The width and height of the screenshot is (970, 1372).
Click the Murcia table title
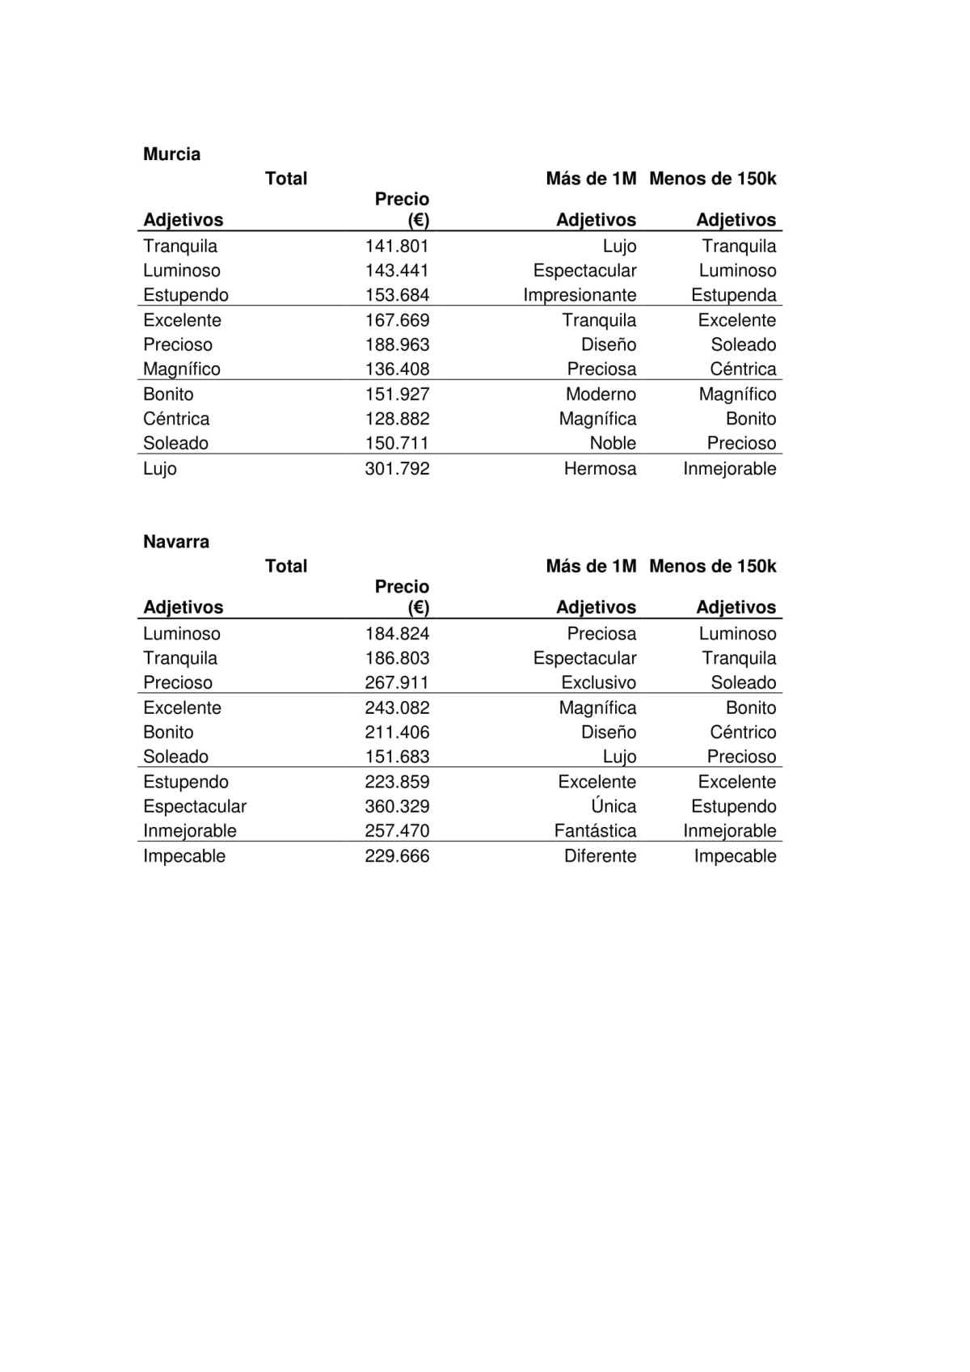pyautogui.click(x=171, y=154)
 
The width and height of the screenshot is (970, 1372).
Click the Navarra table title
pyautogui.click(x=175, y=542)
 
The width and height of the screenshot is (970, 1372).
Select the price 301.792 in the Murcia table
pyautogui.click(x=397, y=469)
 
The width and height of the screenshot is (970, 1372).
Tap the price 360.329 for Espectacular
pyautogui.click(x=397, y=807)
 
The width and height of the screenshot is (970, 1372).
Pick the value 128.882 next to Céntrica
pyautogui.click(x=397, y=419)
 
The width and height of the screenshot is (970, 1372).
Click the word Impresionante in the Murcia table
pyautogui.click(x=580, y=295)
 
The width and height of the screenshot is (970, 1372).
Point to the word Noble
pyautogui.click(x=613, y=443)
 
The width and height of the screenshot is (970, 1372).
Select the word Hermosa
pyautogui.click(x=600, y=469)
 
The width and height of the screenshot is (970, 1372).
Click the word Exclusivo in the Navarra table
pyautogui.click(x=598, y=683)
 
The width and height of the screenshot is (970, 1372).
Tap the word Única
pyautogui.click(x=614, y=806)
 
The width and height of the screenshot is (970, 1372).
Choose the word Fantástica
pyautogui.click(x=595, y=831)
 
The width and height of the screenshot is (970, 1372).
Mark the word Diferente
pyautogui.click(x=600, y=856)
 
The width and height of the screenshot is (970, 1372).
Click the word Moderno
pyautogui.click(x=601, y=395)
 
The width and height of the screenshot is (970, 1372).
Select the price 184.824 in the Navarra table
pyautogui.click(x=397, y=634)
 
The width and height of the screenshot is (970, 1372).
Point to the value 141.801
pyautogui.click(x=397, y=247)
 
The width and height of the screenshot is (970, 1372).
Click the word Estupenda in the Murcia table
pyautogui.click(x=733, y=295)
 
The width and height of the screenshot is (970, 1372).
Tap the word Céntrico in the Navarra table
pyautogui.click(x=743, y=732)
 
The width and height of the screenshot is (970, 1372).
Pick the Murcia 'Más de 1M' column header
pyautogui.click(x=591, y=179)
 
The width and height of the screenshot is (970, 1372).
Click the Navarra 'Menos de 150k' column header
pyautogui.click(x=712, y=566)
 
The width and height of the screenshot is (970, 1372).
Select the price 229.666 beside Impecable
pyautogui.click(x=397, y=856)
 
